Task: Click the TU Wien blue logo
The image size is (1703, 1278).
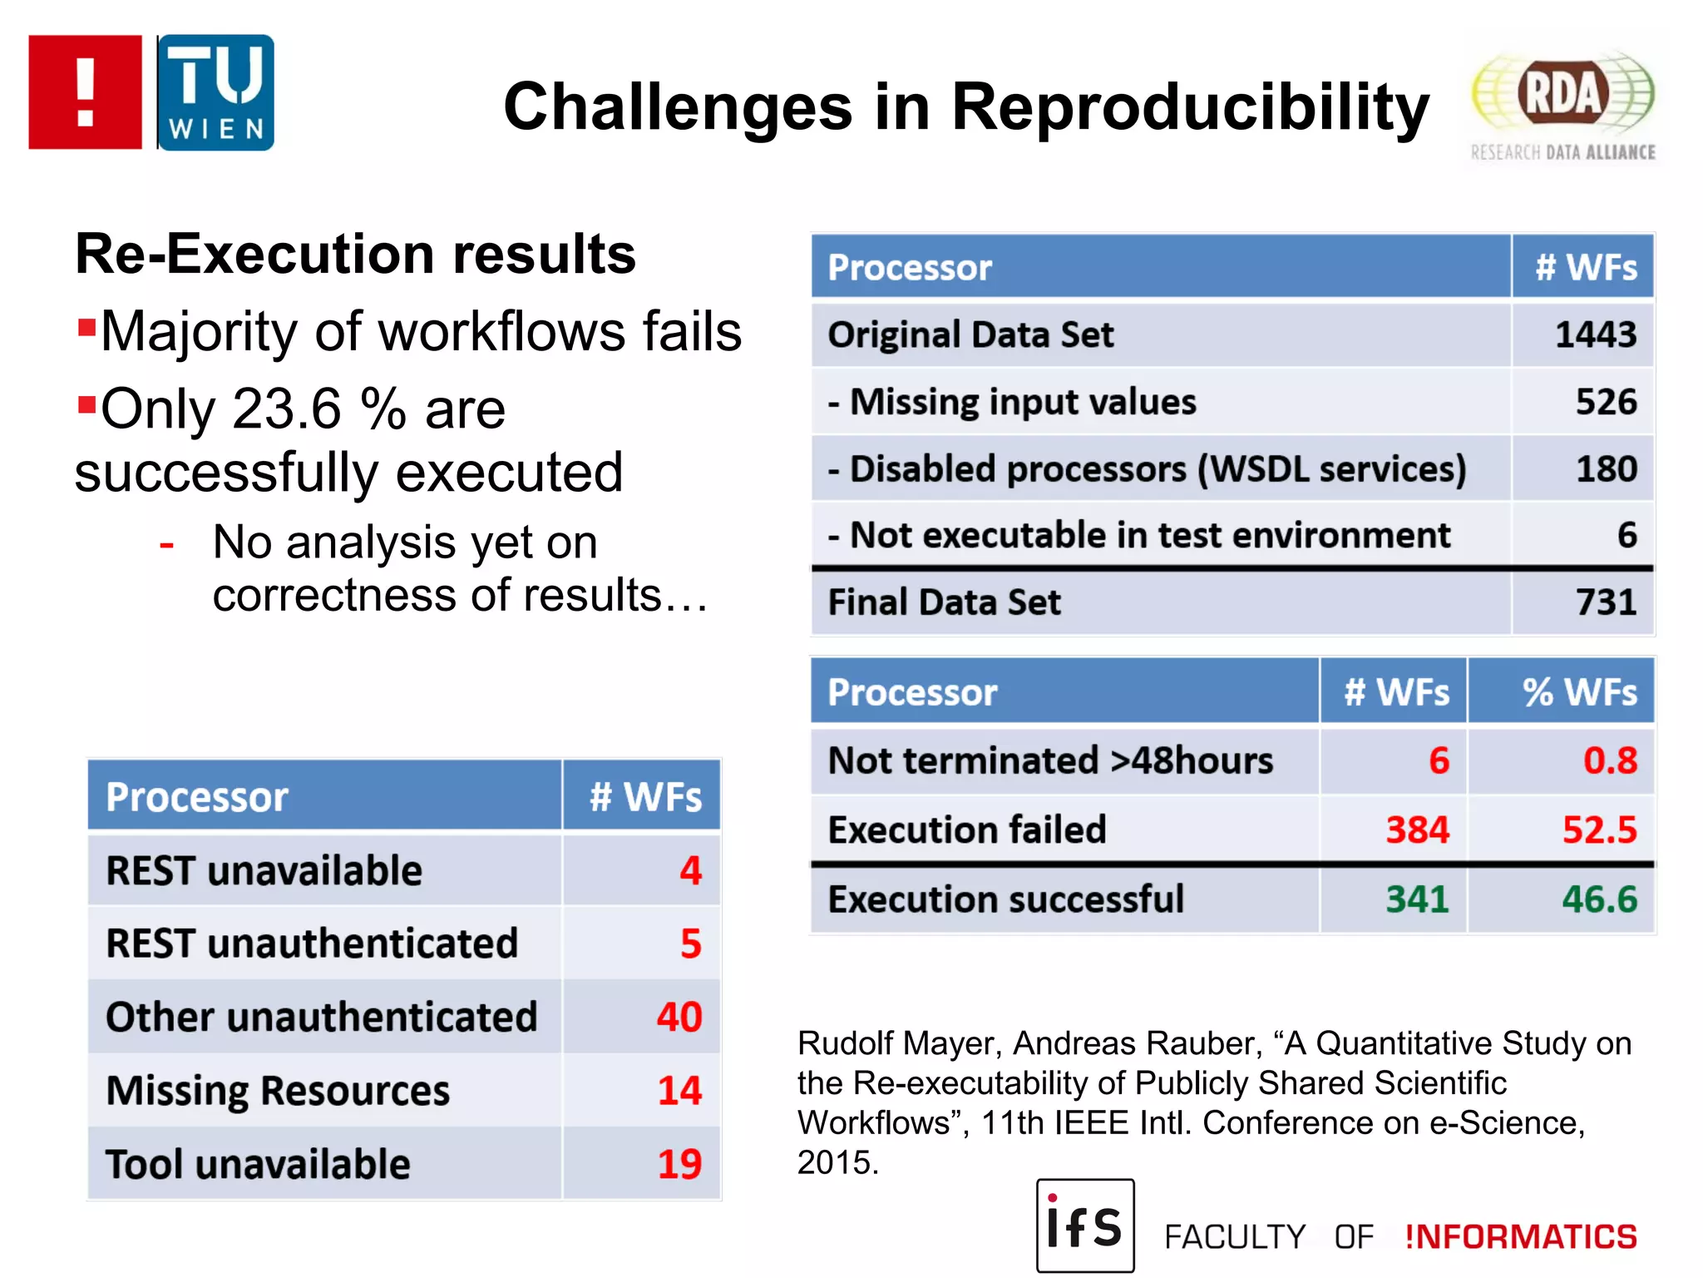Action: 215,92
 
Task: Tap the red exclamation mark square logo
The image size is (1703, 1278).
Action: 85,92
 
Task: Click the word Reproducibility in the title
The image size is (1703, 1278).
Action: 1190,107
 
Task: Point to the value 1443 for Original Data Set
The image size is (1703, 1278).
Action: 1595,334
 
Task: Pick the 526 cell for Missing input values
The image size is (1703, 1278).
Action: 1606,402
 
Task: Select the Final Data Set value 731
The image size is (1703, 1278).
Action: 1606,602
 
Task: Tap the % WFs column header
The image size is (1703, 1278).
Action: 1579,692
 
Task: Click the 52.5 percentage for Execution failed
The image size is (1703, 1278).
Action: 1599,830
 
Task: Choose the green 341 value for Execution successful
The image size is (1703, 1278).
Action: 1417,899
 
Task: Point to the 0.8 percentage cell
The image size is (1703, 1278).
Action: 1610,760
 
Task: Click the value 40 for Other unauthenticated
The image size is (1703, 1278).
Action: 679,1017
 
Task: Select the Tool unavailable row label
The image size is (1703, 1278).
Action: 258,1164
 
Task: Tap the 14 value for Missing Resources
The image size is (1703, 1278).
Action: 679,1091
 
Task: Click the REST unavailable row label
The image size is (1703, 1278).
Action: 264,871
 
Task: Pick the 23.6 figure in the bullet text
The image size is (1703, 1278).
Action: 286,409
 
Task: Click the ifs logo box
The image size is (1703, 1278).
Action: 1084,1226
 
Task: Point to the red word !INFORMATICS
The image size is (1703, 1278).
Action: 1521,1237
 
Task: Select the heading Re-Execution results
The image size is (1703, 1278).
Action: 355,254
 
